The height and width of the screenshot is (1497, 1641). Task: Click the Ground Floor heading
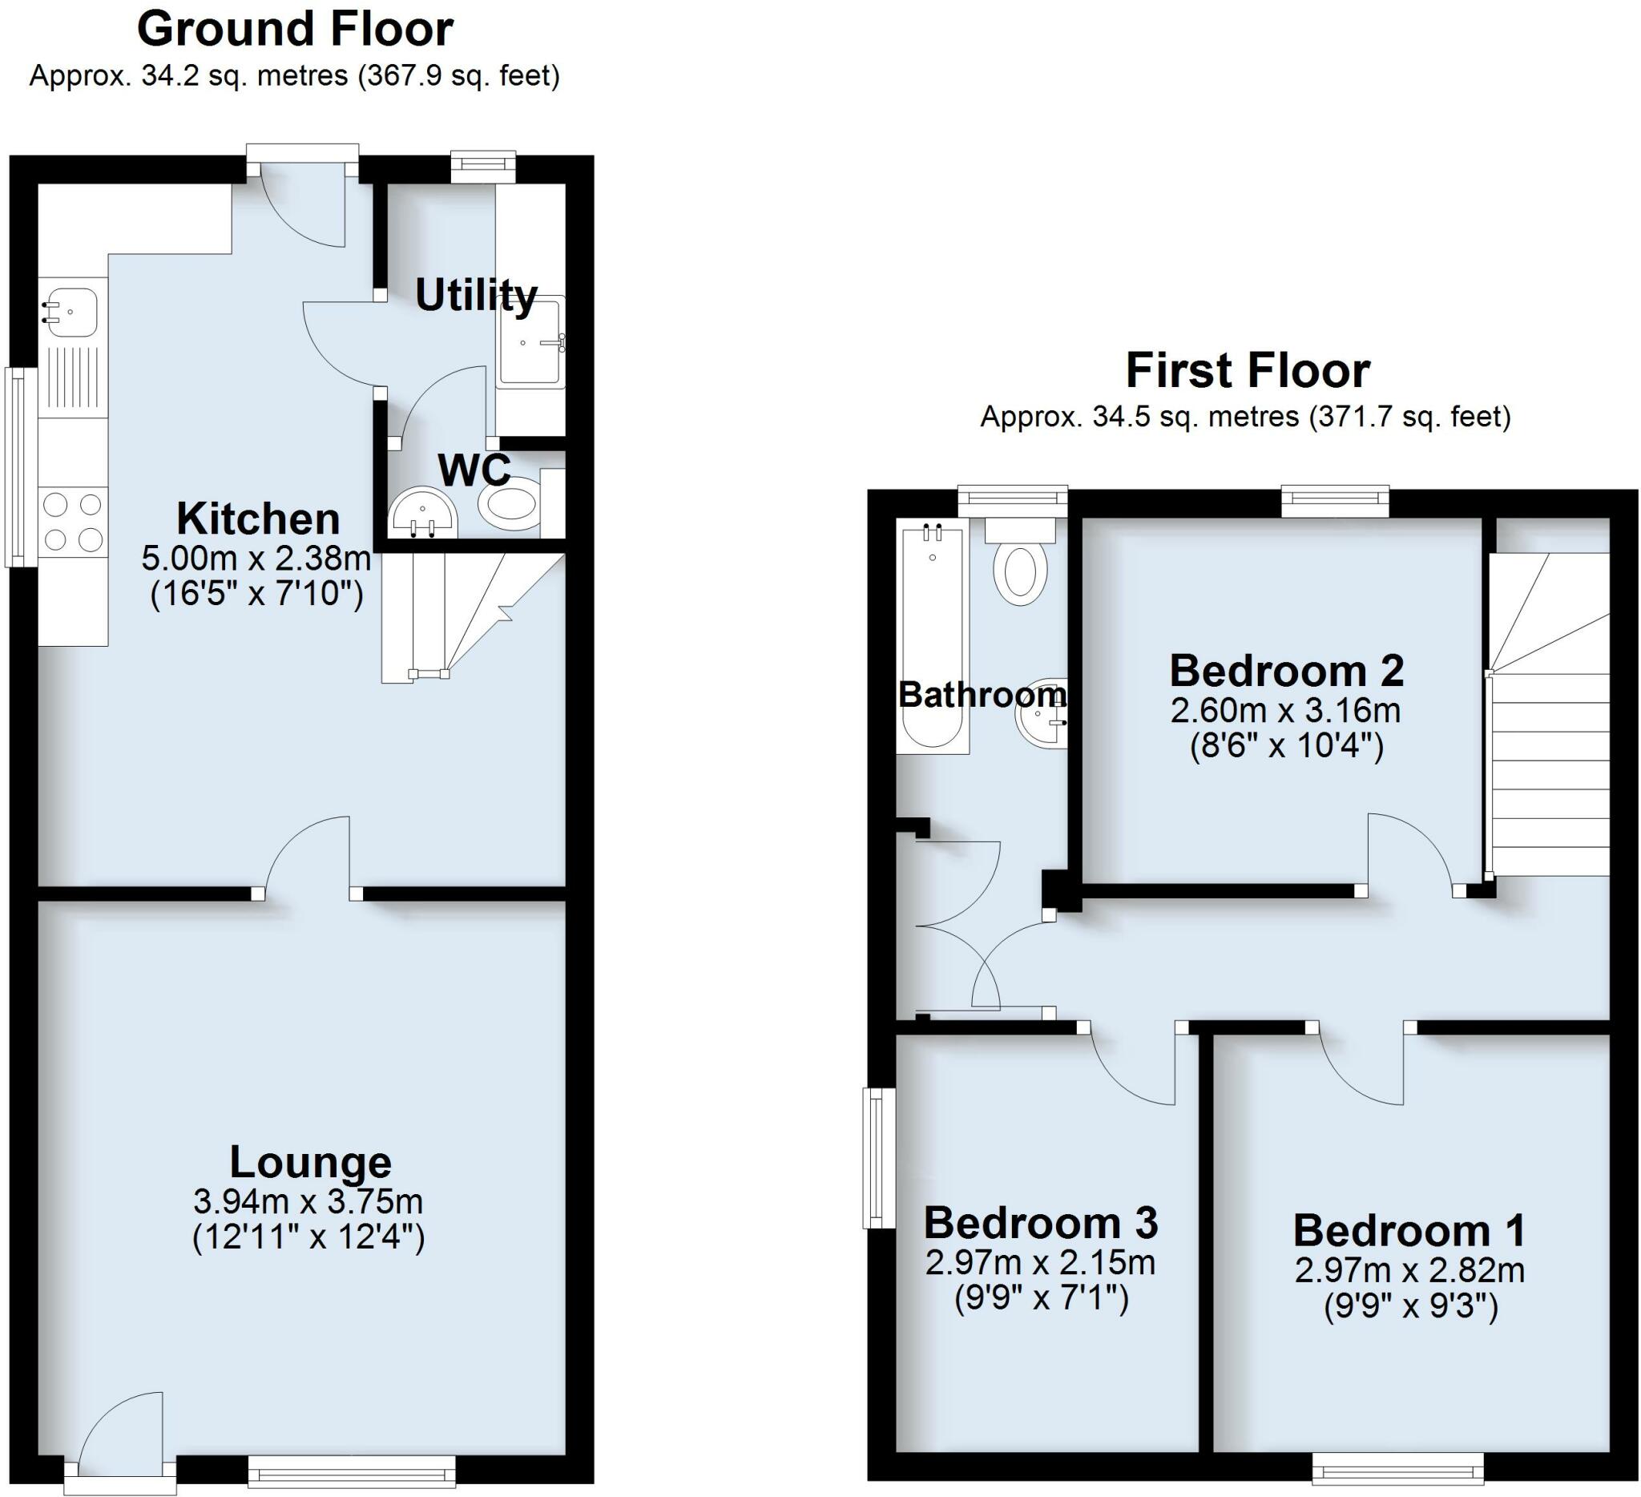click(295, 31)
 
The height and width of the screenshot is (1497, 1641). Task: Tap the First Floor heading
click(1247, 372)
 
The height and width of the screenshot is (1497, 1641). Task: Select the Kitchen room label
click(258, 519)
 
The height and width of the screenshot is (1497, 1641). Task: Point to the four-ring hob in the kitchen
click(73, 522)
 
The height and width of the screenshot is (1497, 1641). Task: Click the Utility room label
click(475, 295)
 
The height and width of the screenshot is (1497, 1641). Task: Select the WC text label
click(474, 470)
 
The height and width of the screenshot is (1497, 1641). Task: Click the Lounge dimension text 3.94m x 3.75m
click(308, 1200)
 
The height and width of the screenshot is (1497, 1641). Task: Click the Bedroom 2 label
click(1286, 672)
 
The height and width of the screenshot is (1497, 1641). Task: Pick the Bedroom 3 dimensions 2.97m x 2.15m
click(1039, 1262)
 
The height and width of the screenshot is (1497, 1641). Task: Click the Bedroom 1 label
click(1408, 1230)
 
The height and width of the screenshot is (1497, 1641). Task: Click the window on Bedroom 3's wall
click(877, 1158)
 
